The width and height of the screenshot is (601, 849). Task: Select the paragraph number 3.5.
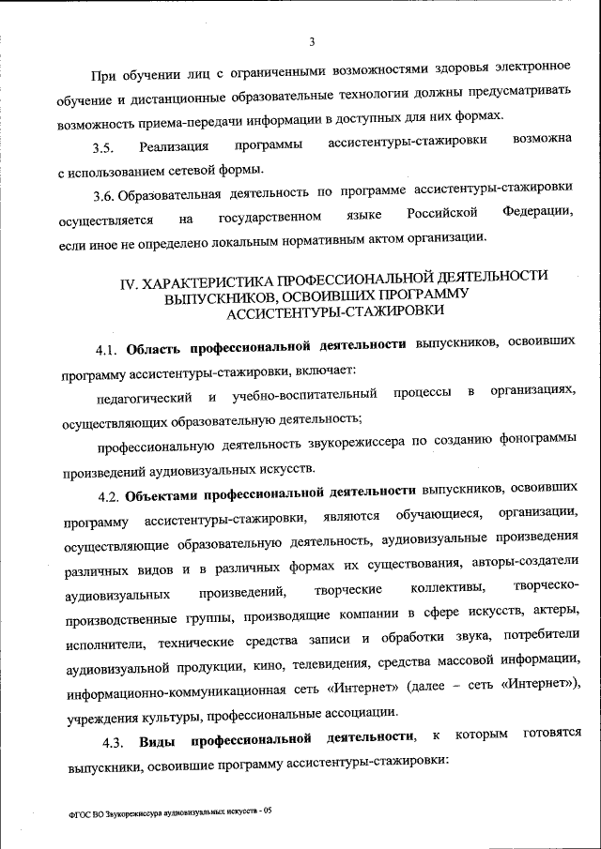(102, 147)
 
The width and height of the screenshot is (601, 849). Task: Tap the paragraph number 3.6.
(107, 196)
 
